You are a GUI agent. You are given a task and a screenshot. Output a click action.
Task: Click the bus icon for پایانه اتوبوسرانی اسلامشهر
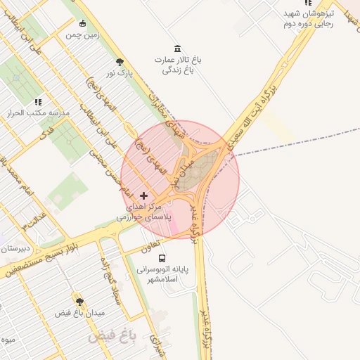[x=162, y=258]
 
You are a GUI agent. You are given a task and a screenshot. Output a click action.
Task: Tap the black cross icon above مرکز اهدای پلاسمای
[x=144, y=195]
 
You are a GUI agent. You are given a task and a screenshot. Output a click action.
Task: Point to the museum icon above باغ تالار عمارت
[x=177, y=49]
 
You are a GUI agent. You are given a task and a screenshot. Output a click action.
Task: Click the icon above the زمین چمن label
[x=82, y=23]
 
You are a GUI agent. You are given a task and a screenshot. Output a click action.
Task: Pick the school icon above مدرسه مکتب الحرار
[x=37, y=102]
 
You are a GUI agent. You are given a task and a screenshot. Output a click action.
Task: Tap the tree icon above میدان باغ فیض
[x=79, y=301]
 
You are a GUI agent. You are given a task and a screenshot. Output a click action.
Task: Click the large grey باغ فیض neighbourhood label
[x=112, y=337]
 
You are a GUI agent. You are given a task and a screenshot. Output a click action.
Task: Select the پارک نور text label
[x=120, y=72]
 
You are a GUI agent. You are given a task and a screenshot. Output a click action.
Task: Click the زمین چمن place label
[x=82, y=34]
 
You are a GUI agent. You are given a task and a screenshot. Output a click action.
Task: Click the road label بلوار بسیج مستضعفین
[x=37, y=259]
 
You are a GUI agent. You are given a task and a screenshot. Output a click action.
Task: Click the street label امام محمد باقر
[x=16, y=174]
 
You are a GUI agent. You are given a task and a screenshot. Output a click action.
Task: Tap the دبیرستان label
[x=14, y=248]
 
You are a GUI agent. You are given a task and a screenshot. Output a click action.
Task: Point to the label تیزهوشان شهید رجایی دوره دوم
[x=308, y=19]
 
